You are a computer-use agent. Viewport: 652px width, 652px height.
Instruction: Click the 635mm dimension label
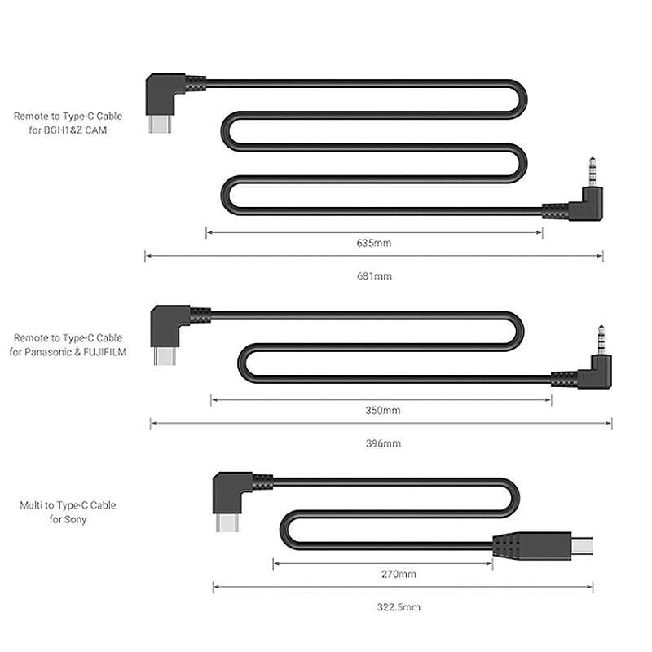375,243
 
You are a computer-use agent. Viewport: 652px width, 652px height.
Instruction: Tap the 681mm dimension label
375,276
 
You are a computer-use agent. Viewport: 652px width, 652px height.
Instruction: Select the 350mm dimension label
382,410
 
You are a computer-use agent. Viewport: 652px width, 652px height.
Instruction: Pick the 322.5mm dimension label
403,607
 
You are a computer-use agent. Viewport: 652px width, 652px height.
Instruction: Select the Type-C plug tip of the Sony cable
227,522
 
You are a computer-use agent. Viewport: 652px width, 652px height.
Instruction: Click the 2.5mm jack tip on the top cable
588,174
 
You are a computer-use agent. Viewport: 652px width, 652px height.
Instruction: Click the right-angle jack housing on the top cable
587,207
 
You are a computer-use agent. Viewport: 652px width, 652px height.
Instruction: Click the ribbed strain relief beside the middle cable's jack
564,378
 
